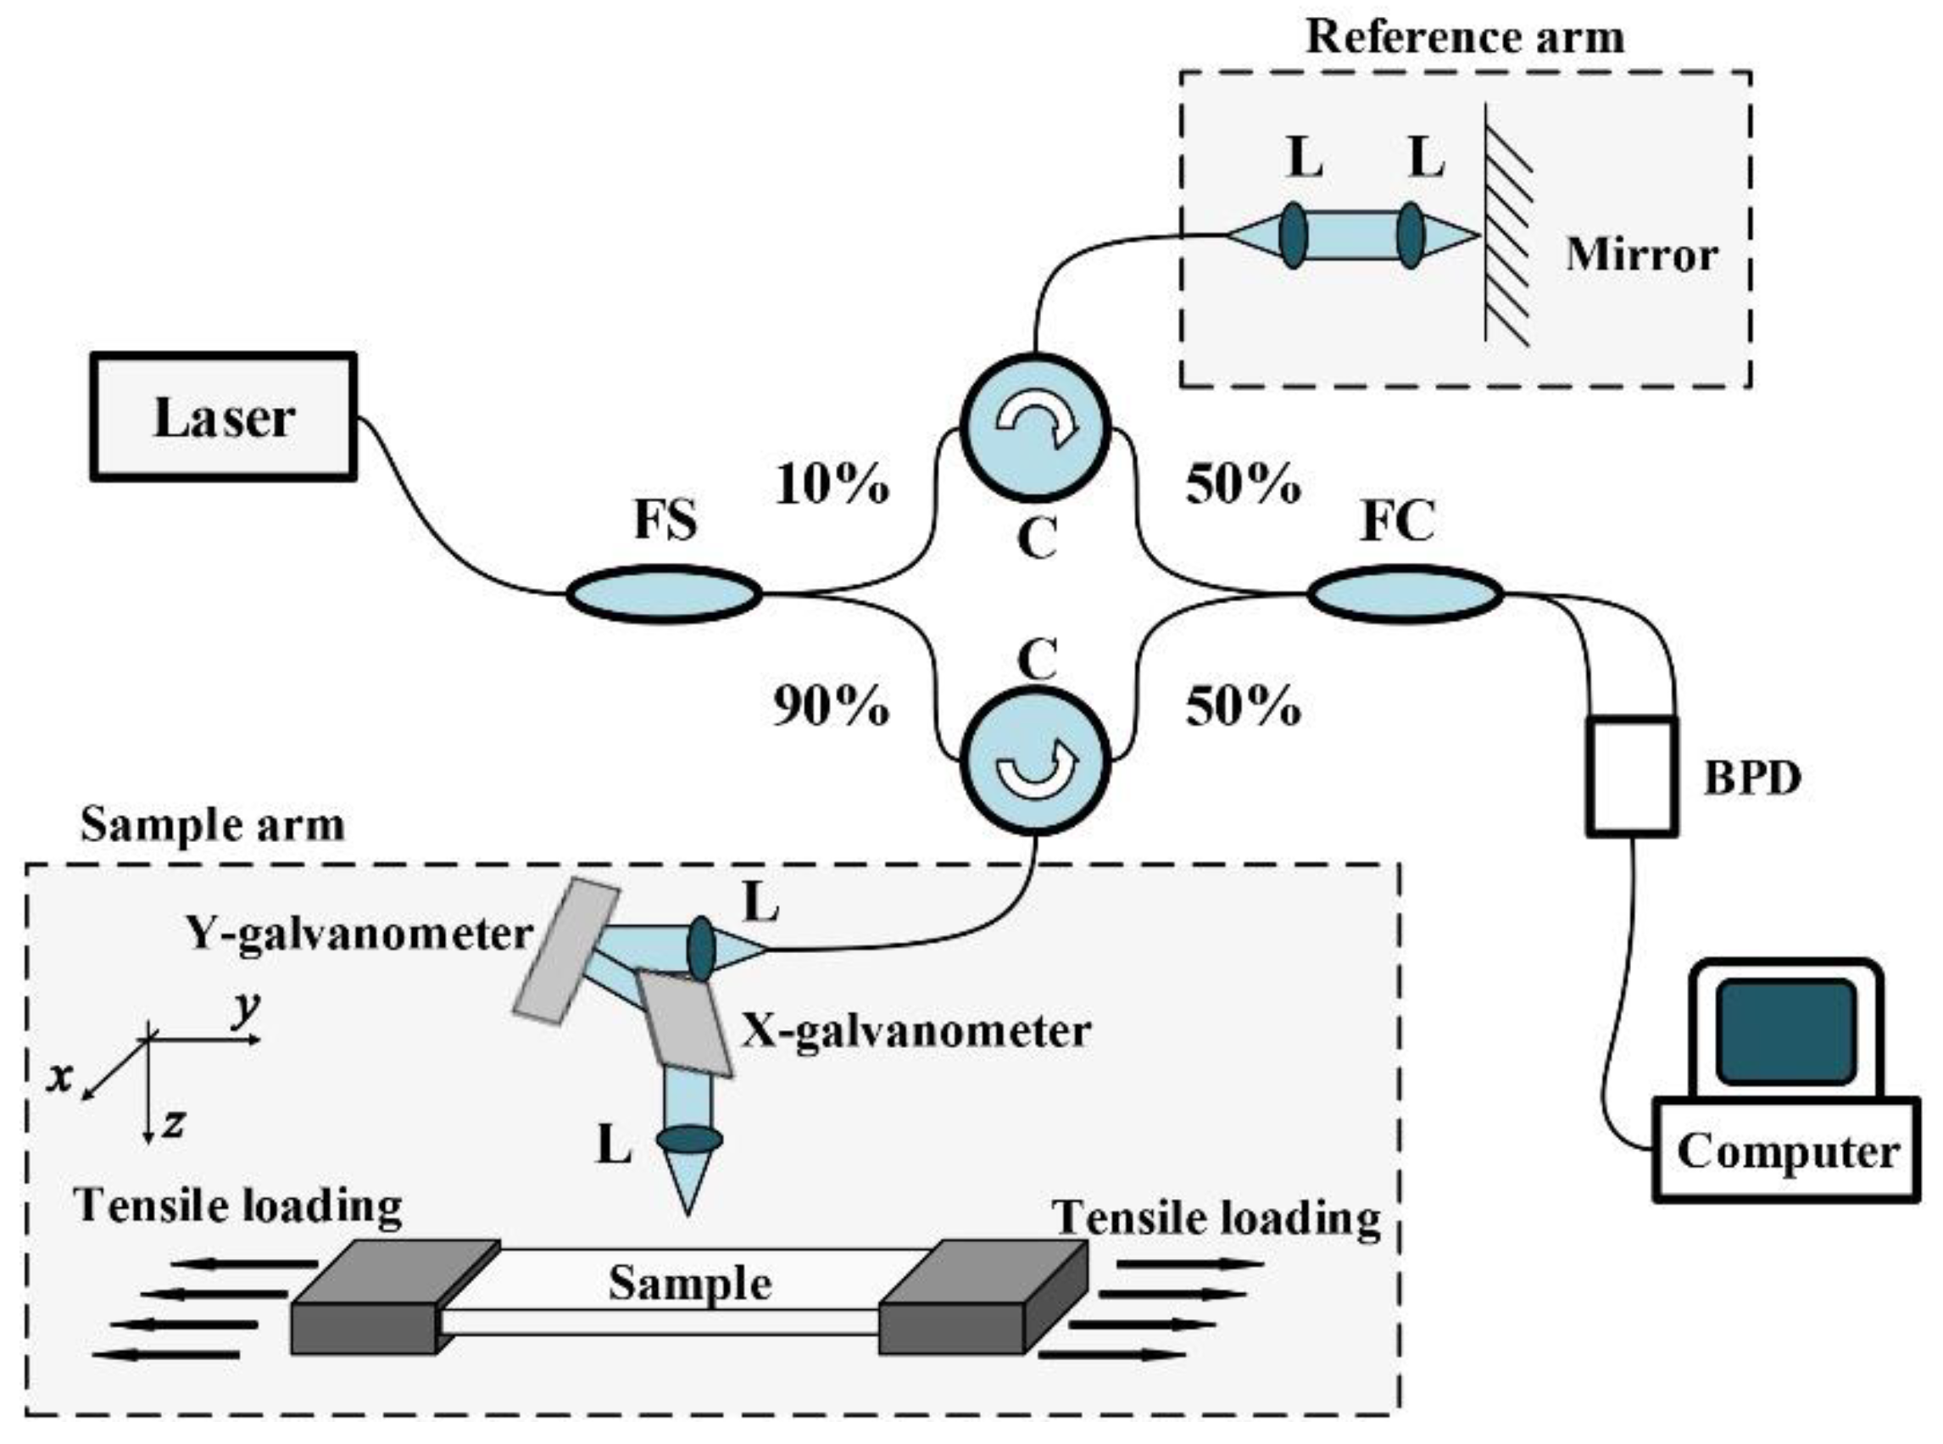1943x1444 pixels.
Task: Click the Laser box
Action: (x=224, y=417)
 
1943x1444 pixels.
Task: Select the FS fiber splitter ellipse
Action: (x=664, y=594)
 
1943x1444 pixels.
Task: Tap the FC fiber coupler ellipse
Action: (x=1405, y=594)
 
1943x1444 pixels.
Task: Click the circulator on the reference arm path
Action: (x=1035, y=427)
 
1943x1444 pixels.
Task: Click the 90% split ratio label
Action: (x=832, y=706)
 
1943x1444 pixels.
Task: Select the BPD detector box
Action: (x=1632, y=776)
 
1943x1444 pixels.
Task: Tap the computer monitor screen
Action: (x=1785, y=1032)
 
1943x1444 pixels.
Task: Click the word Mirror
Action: (x=1641, y=255)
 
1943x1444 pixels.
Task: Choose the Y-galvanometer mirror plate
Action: (x=566, y=951)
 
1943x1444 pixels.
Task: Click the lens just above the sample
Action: (x=689, y=1139)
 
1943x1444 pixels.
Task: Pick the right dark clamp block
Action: (x=983, y=1297)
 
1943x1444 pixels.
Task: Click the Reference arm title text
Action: (x=1465, y=37)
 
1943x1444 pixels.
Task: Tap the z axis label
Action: (x=174, y=1123)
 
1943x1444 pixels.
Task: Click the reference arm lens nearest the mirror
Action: (x=1410, y=235)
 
